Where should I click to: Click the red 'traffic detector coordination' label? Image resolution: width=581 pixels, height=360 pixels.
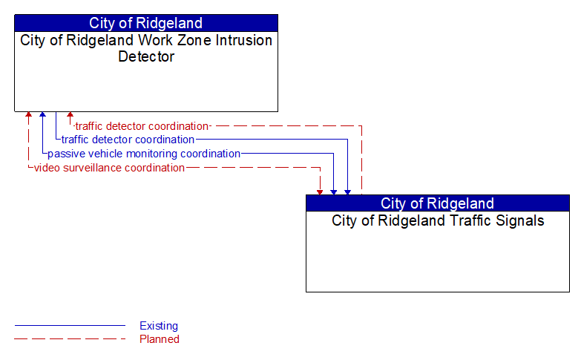click(142, 126)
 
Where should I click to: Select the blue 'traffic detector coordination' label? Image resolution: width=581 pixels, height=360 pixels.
click(128, 140)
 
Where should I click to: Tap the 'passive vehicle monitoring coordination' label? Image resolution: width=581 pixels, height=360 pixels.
click(144, 154)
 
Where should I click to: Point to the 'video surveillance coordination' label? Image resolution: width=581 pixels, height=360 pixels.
click(109, 168)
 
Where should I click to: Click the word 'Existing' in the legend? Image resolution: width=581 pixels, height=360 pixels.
click(159, 326)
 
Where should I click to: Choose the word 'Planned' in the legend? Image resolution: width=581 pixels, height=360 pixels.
click(160, 339)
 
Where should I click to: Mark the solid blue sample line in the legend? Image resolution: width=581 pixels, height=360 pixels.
click(70, 326)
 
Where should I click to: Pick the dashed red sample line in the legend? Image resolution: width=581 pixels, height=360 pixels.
click(70, 339)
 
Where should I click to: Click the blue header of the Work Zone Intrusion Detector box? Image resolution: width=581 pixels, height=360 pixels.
click(146, 23)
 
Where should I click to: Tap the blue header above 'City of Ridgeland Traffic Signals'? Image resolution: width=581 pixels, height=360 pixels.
click(438, 203)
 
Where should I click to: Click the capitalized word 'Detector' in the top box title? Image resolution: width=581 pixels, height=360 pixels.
click(146, 57)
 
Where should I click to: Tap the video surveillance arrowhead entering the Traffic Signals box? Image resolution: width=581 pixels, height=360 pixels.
click(320, 192)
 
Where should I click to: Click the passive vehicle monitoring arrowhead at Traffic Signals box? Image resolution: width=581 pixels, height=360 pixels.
click(334, 192)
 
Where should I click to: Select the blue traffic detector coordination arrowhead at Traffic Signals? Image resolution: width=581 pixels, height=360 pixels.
click(347, 192)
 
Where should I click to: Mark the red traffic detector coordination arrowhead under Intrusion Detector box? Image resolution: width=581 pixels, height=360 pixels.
click(70, 116)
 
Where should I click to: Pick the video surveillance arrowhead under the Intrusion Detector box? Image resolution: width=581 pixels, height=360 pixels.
click(28, 116)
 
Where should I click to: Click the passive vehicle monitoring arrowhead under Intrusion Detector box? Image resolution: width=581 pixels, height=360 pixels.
click(42, 116)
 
